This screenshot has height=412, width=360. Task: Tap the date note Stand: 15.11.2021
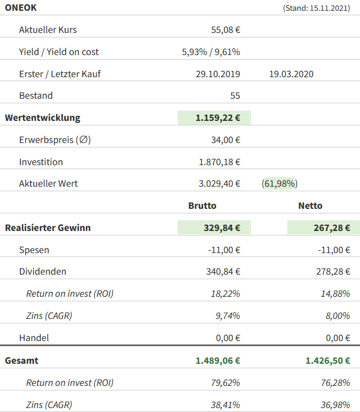(316, 9)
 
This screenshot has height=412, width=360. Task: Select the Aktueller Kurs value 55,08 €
(225, 30)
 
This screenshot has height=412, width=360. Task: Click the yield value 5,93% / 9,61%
(211, 52)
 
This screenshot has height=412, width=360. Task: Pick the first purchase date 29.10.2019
(217, 74)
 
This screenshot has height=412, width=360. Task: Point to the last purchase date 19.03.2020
(291, 74)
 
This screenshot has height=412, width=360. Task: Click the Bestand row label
(36, 95)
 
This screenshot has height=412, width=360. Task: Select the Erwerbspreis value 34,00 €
(225, 140)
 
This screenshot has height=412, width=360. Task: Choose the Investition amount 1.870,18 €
(219, 162)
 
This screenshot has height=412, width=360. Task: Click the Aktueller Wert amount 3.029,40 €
(219, 184)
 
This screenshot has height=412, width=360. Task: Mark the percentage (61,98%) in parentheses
(280, 184)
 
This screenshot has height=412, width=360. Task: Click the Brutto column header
(202, 206)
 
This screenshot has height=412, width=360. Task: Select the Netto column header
(310, 206)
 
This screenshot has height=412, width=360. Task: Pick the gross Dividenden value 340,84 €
(223, 272)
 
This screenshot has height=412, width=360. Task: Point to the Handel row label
(34, 338)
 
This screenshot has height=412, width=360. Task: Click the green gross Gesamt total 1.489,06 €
(217, 360)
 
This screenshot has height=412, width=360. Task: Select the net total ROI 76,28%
(335, 382)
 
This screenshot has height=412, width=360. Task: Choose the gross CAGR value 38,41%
(225, 405)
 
